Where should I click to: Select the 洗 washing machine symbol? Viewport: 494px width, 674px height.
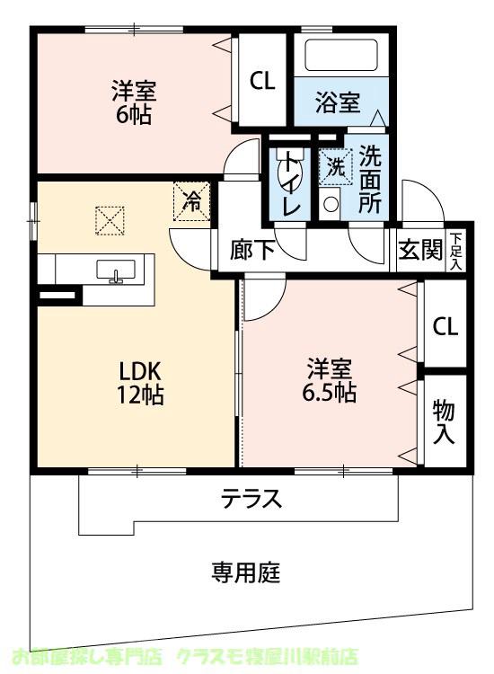(334, 166)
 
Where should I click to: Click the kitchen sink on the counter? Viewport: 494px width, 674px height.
(115, 270)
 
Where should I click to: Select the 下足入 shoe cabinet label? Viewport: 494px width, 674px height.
(457, 251)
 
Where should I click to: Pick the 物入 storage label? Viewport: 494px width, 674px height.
(445, 421)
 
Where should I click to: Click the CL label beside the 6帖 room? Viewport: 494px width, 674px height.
(261, 82)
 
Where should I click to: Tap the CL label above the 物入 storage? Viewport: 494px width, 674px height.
(445, 325)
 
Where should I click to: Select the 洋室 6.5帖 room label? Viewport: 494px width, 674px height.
(330, 381)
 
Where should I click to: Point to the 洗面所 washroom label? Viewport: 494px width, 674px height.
(369, 179)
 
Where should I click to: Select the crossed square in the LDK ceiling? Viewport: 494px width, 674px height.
(110, 219)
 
